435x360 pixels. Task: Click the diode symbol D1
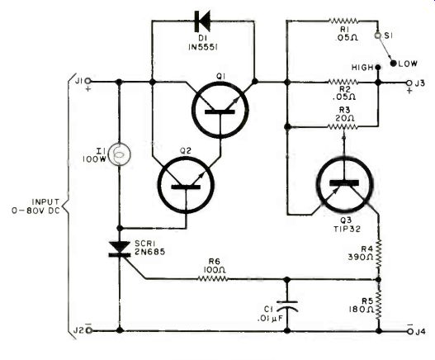click(x=202, y=21)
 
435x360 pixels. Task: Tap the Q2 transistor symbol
click(x=186, y=185)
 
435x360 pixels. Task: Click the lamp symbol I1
click(x=120, y=154)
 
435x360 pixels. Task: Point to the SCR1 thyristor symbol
click(x=120, y=249)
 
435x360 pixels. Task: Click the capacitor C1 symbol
click(x=287, y=306)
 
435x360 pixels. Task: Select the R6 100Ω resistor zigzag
click(x=213, y=278)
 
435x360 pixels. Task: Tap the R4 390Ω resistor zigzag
click(x=379, y=254)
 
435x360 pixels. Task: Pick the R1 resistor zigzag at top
click(x=343, y=21)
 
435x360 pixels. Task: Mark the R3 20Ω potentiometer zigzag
click(x=343, y=127)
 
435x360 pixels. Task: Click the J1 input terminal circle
click(x=87, y=81)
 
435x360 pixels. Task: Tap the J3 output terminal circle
click(x=409, y=83)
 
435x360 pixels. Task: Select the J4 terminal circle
click(x=410, y=331)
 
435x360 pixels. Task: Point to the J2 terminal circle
click(x=89, y=330)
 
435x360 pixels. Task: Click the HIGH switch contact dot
click(x=377, y=67)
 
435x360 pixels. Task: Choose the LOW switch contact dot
click(x=393, y=64)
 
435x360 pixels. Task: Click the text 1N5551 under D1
click(x=202, y=47)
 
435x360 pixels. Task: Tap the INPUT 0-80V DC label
click(x=35, y=206)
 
